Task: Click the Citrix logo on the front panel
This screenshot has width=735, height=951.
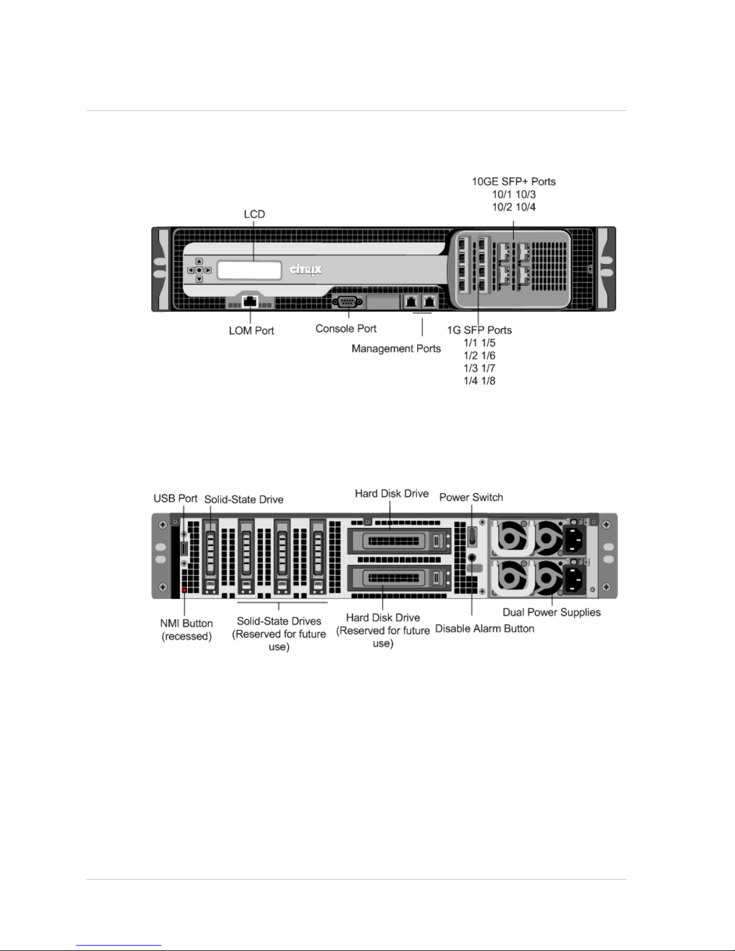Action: pyautogui.click(x=306, y=269)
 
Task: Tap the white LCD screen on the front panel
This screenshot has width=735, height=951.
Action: pyautogui.click(x=250, y=270)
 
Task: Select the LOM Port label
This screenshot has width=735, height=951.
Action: pyautogui.click(x=251, y=331)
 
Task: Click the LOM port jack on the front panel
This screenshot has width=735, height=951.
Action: pyautogui.click(x=250, y=302)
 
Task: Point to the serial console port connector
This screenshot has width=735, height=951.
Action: pyautogui.click(x=347, y=302)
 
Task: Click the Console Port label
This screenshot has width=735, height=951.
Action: pyautogui.click(x=346, y=329)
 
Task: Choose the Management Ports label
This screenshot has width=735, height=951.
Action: pyautogui.click(x=396, y=349)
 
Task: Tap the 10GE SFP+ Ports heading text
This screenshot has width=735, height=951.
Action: pyautogui.click(x=514, y=182)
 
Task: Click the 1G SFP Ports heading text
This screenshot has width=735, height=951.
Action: pyautogui.click(x=479, y=330)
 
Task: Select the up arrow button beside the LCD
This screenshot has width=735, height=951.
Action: pyautogui.click(x=199, y=261)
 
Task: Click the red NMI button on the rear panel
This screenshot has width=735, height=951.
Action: pyautogui.click(x=185, y=590)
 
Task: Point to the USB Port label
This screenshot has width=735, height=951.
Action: pyautogui.click(x=175, y=499)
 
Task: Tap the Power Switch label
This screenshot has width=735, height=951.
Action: pyautogui.click(x=471, y=497)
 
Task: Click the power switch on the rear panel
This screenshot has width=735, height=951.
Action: pyautogui.click(x=472, y=536)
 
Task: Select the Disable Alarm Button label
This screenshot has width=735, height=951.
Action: pyautogui.click(x=484, y=628)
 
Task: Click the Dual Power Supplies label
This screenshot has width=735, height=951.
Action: pyautogui.click(x=551, y=612)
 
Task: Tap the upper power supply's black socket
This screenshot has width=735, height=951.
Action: pyautogui.click(x=574, y=539)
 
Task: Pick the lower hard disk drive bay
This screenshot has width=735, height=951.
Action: pyautogui.click(x=400, y=578)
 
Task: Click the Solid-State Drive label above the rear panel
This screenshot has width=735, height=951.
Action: pyautogui.click(x=244, y=499)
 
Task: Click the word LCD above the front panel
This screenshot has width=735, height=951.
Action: pyautogui.click(x=254, y=214)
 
